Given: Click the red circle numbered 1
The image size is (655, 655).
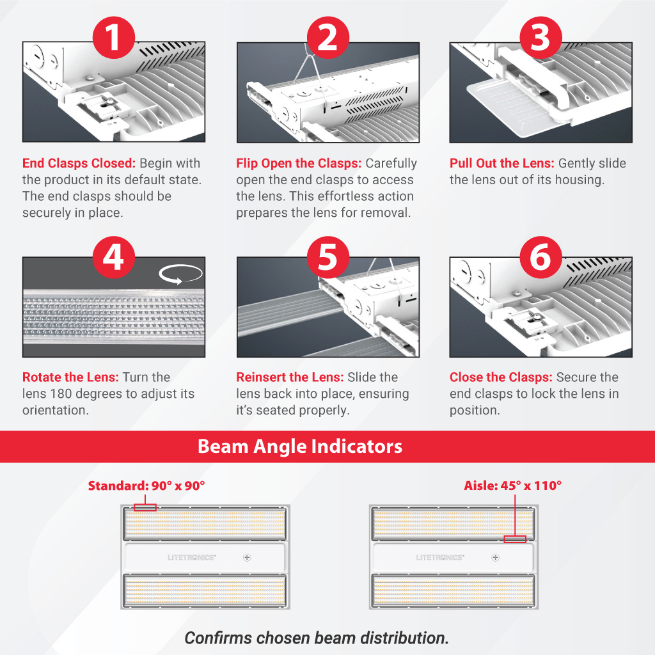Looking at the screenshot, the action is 114,38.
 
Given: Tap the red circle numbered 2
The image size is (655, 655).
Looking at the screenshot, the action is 328,38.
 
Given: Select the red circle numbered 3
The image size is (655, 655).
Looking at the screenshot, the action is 541,38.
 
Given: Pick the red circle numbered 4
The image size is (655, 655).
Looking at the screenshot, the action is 114,257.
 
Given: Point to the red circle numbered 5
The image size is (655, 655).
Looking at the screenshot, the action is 328,257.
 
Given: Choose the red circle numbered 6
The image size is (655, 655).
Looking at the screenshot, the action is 541,257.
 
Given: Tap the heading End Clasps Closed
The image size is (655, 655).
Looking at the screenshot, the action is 79,163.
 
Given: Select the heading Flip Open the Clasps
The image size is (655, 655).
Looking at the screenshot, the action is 299,163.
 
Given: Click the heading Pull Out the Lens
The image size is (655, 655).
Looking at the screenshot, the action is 501,163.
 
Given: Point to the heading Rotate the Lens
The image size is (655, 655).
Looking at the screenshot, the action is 70,377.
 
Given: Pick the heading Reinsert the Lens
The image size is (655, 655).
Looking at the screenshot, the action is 290,377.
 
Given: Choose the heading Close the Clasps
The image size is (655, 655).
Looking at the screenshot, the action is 501,377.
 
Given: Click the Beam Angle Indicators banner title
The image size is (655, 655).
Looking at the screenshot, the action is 300,446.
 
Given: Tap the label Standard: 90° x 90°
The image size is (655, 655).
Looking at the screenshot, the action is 146,485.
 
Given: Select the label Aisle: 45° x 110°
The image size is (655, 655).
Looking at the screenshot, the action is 512,485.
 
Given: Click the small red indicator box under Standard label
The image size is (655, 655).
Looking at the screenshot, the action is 145,507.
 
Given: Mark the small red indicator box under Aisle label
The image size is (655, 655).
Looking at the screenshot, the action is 515,539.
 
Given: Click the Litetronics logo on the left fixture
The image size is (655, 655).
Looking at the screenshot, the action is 192,557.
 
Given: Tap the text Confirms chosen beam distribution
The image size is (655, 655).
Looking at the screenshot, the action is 317,638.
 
